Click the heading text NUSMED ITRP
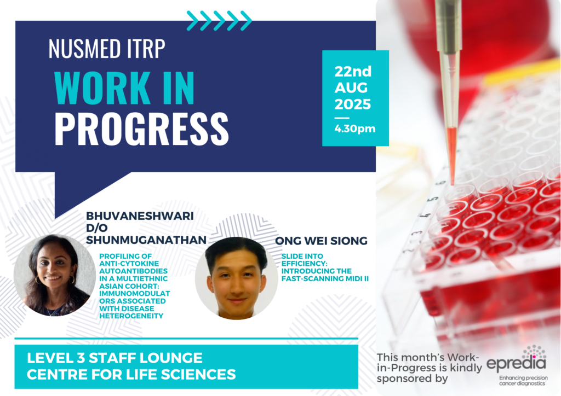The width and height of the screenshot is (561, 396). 107,48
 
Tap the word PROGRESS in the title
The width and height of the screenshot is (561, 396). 142,129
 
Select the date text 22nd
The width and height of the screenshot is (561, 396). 353,72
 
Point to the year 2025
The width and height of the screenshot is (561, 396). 353,104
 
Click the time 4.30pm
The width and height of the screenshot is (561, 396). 355,129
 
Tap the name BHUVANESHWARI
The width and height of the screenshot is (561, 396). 140,216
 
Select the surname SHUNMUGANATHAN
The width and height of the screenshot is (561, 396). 146,240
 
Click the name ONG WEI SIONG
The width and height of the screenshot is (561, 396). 321,241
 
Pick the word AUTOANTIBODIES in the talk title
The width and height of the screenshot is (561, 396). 134,271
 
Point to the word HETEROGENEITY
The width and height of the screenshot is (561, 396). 131,316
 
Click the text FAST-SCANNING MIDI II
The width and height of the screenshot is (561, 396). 325,278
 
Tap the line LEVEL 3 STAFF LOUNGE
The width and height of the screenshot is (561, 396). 115,358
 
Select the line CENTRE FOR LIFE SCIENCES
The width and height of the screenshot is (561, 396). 131,374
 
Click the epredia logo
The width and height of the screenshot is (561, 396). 516,359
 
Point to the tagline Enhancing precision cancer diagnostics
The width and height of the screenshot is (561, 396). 523,381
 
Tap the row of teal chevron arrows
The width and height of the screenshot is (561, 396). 219,20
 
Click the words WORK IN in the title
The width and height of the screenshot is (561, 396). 124,88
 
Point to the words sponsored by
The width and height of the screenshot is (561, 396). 412,378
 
